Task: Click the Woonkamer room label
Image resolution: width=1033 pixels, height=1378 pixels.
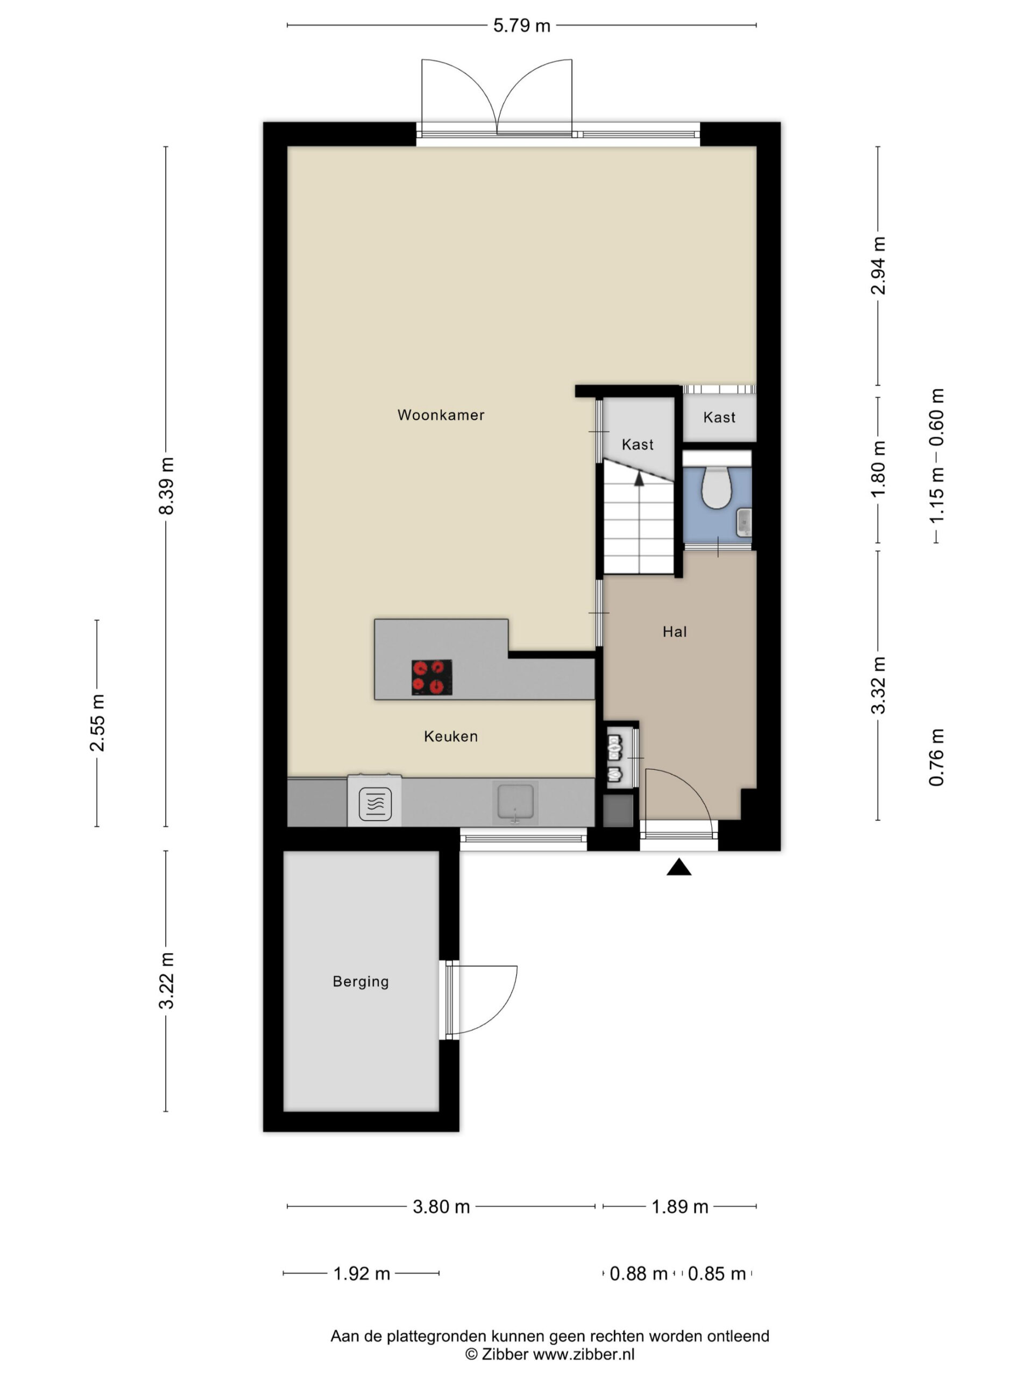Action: (x=441, y=415)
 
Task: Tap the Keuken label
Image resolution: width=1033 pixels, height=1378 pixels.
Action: (x=451, y=736)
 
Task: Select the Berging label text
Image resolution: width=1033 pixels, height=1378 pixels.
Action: (x=360, y=982)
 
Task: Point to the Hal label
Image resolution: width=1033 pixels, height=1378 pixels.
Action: (x=674, y=632)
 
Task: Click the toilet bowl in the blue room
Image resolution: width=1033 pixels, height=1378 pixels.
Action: (x=716, y=487)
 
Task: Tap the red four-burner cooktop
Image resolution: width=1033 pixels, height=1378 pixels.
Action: (x=431, y=677)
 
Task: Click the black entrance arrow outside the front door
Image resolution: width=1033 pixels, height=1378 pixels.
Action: (x=678, y=867)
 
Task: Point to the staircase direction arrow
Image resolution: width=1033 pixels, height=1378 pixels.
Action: (x=639, y=479)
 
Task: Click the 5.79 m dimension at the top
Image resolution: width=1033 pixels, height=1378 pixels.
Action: (x=522, y=25)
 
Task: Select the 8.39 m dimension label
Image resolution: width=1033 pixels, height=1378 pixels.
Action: (x=166, y=486)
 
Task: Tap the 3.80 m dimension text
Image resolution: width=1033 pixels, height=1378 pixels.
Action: (x=441, y=1207)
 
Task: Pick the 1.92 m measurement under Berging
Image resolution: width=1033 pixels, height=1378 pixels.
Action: (x=361, y=1274)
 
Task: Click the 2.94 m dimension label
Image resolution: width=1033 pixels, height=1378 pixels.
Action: (x=878, y=265)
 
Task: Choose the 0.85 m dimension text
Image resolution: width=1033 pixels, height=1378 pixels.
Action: (x=717, y=1274)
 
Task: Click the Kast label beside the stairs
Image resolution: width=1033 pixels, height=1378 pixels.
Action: (x=638, y=445)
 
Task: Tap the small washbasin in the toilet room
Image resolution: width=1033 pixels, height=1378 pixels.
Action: (x=744, y=522)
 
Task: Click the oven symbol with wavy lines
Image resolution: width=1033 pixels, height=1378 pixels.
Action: (x=376, y=804)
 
